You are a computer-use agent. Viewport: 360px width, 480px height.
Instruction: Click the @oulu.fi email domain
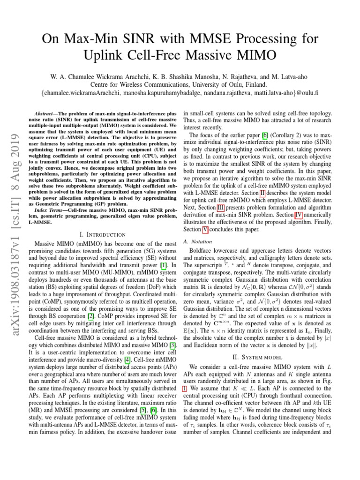[x=302, y=93]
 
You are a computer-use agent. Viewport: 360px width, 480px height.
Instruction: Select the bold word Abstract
[x=47, y=114]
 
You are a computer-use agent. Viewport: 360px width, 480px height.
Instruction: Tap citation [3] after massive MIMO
[x=173, y=340]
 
